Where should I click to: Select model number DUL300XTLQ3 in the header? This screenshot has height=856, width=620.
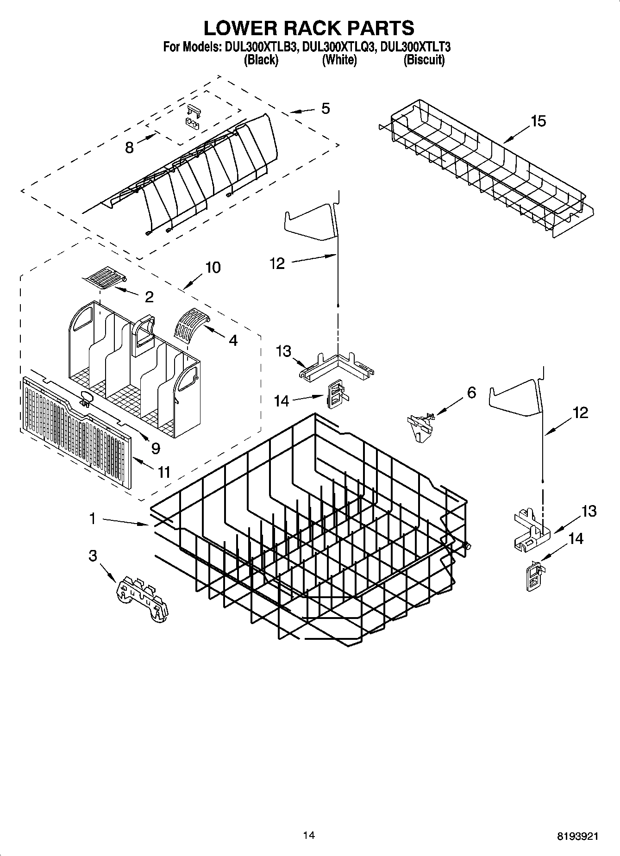tap(338, 47)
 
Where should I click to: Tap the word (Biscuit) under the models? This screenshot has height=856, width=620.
tap(424, 60)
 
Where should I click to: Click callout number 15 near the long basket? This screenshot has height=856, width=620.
tap(538, 121)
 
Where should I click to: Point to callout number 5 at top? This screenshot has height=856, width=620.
tap(326, 109)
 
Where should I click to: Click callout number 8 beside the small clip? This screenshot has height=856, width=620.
tap(130, 147)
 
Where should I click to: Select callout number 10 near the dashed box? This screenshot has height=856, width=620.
tap(213, 267)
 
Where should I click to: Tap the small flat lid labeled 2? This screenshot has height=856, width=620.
tap(105, 278)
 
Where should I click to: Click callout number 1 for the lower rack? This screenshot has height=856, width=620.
tap(93, 519)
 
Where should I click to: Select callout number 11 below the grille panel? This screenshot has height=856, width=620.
tap(164, 472)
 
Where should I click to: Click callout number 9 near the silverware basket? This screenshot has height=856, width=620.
tap(156, 448)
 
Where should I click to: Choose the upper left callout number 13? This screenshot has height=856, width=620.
tap(283, 351)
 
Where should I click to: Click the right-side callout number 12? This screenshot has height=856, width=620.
tap(580, 412)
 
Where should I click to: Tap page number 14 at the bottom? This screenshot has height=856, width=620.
tap(309, 835)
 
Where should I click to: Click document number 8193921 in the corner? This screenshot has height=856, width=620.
tap(577, 836)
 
